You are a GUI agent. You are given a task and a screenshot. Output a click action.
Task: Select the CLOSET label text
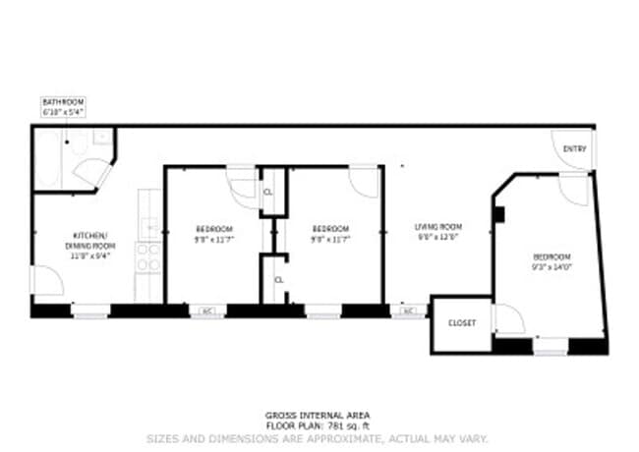pos(461,323)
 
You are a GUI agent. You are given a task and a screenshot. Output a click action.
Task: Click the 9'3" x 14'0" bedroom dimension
pos(552,265)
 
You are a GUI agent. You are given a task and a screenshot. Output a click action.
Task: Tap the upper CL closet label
pos(269,193)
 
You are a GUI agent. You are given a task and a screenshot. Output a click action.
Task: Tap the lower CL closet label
pos(278,280)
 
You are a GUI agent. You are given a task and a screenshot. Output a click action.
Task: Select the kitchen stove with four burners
pos(147,257)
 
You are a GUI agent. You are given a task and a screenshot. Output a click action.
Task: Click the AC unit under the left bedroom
pos(207,311)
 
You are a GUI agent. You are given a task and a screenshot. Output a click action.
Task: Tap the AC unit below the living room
pos(408,311)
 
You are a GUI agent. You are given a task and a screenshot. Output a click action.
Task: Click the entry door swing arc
pos(571,147)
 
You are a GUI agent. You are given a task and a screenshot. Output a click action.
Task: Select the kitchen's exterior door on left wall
pos(46,280)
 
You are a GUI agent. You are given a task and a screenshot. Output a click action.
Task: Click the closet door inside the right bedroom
pos(508,318)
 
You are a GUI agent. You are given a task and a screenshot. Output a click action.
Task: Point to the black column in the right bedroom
pos(498,214)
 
